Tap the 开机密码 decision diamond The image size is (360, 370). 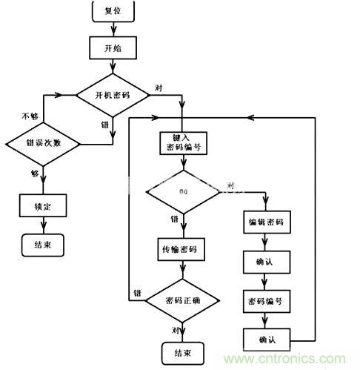tap(113, 95)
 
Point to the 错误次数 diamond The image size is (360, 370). tap(42, 142)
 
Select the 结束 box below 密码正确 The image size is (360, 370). tap(181, 352)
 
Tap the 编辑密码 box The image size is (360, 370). tap(264, 222)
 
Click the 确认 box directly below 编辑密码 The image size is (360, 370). tap(264, 262)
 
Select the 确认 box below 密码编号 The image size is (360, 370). tap(264, 340)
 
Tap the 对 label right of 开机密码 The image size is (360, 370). tap(157, 87)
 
